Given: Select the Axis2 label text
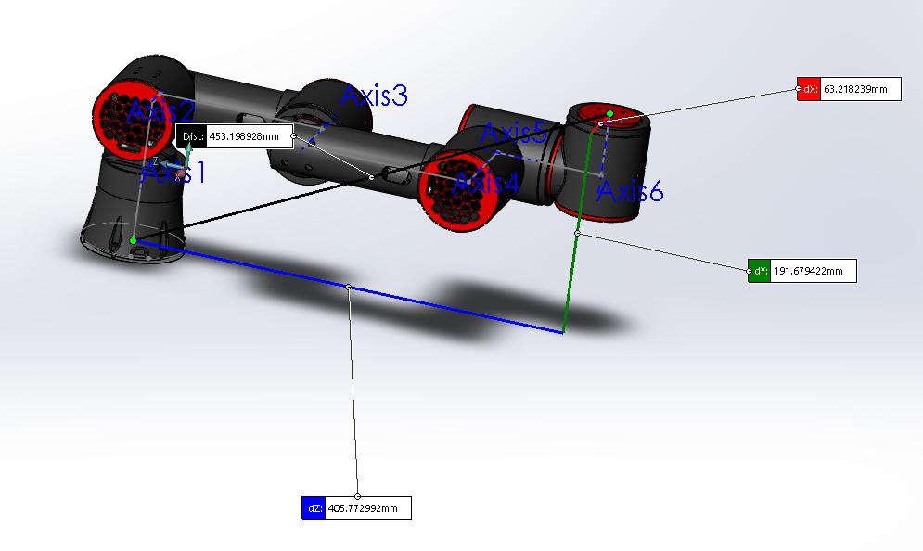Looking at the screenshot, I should (x=161, y=110).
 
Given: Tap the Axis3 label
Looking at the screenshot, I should (x=375, y=96).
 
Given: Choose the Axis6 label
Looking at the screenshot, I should (x=630, y=192).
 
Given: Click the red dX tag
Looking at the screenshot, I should (x=809, y=89).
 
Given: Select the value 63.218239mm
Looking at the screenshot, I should (x=862, y=89).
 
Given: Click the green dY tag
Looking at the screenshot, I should (x=759, y=271).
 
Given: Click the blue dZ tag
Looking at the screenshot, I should (x=314, y=508).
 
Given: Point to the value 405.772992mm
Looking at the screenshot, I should (x=366, y=508).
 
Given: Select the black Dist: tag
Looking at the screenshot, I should (x=191, y=136).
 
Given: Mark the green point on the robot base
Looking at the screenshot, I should (x=134, y=241).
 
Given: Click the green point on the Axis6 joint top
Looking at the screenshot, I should (x=609, y=114).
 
